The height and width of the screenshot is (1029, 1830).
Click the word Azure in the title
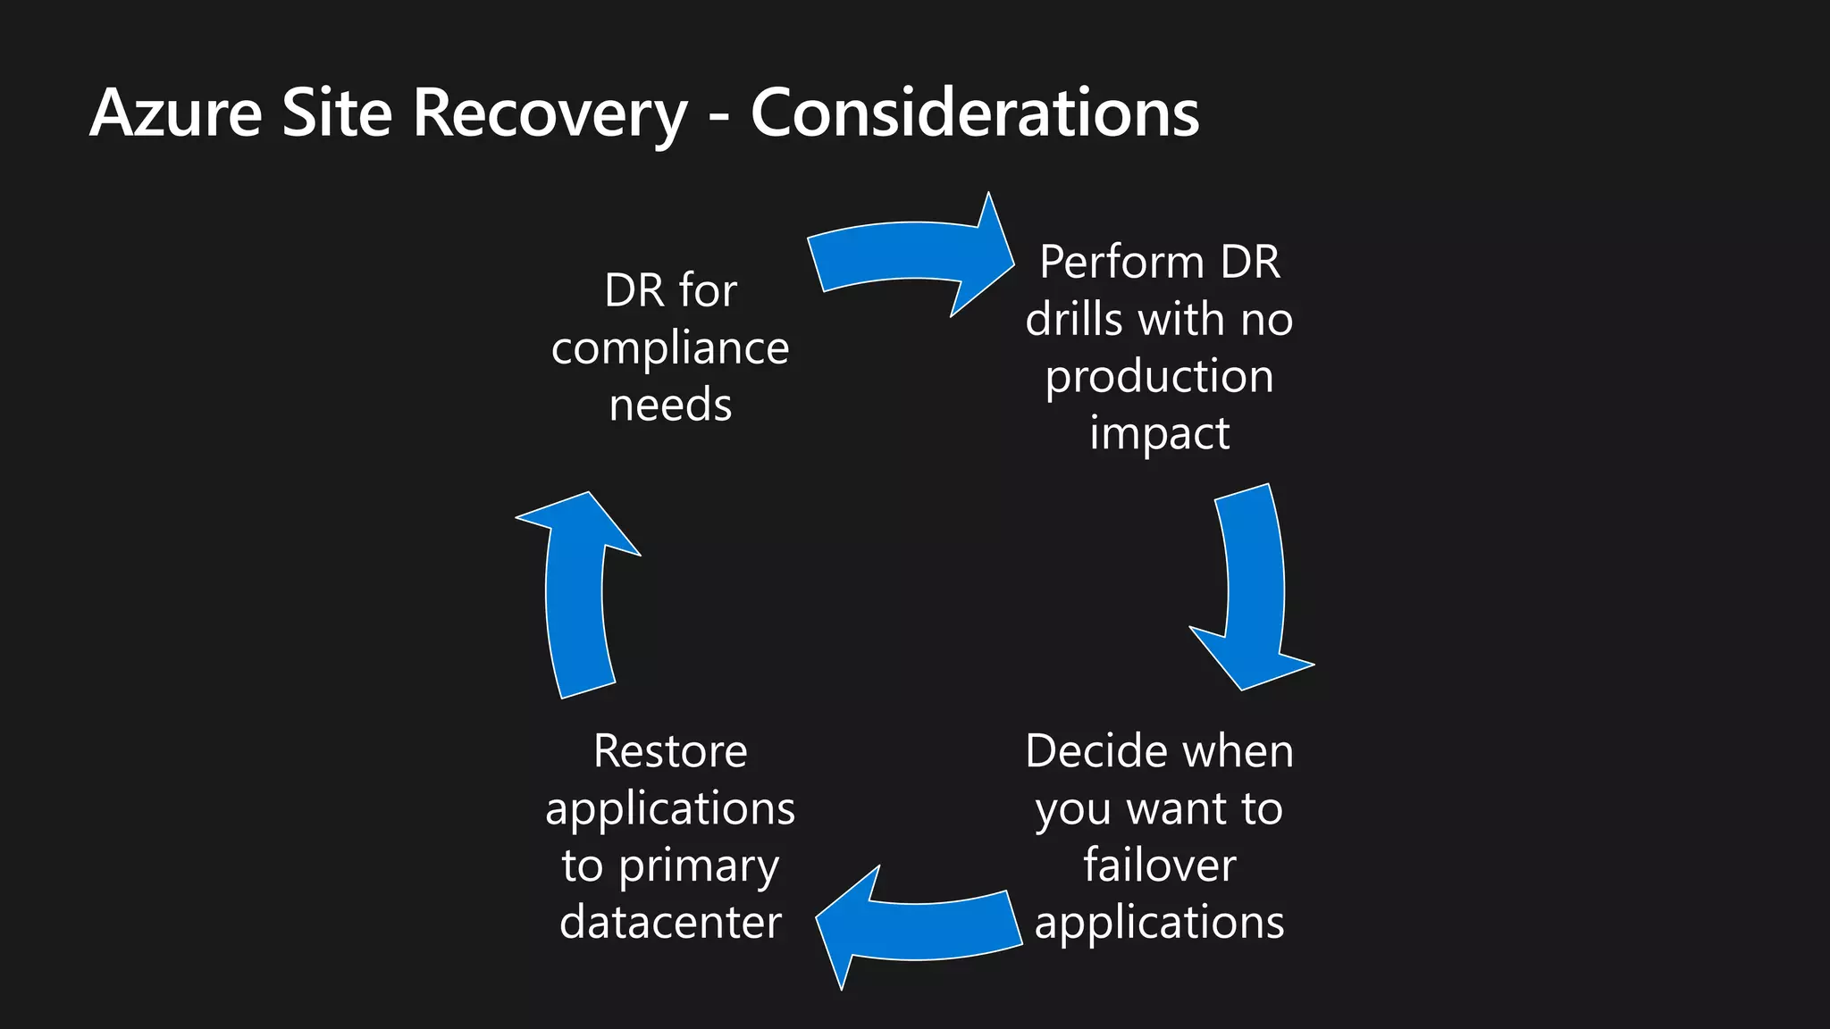(176, 113)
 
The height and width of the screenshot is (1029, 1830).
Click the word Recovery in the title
(550, 113)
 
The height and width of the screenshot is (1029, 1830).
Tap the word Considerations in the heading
(974, 113)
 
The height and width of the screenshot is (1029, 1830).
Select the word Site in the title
(337, 113)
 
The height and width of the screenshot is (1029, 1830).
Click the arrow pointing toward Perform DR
(911, 255)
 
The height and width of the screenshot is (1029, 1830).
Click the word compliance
(670, 348)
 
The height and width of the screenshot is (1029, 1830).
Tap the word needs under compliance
(670, 405)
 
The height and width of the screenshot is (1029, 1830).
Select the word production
(1159, 377)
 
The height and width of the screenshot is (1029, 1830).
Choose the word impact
(1159, 434)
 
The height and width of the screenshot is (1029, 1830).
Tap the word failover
(1159, 865)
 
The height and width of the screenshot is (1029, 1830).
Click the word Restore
(670, 751)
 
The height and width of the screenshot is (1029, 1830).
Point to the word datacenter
(670, 922)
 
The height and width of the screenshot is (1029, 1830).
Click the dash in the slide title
(719, 117)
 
